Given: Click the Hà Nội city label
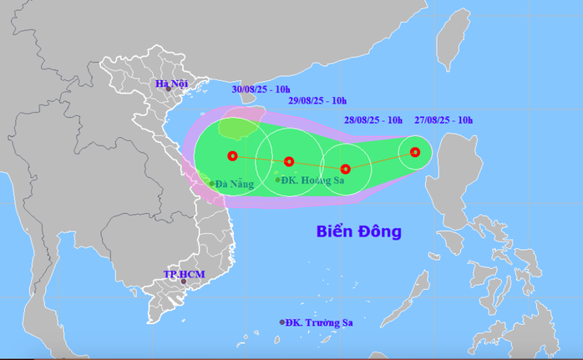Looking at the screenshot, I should pyautogui.click(x=171, y=83).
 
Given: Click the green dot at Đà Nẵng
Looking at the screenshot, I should pyautogui.click(x=211, y=182).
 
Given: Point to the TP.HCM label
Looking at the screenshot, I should pyautogui.click(x=183, y=274).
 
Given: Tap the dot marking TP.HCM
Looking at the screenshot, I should pyautogui.click(x=183, y=281).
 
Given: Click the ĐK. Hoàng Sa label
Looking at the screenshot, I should pyautogui.click(x=314, y=180).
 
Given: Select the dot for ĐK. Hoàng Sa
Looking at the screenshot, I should pyautogui.click(x=278, y=179).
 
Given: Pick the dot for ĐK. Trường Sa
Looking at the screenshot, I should pyautogui.click(x=282, y=322).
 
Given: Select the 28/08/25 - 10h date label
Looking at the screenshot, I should pyautogui.click(x=373, y=120).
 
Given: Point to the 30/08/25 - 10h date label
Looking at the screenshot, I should pyautogui.click(x=262, y=89).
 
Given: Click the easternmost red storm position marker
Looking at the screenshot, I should pyautogui.click(x=415, y=152).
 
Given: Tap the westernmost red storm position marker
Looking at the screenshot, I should pyautogui.click(x=232, y=155).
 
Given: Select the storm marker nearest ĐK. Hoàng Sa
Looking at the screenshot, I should pyautogui.click(x=289, y=161).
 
